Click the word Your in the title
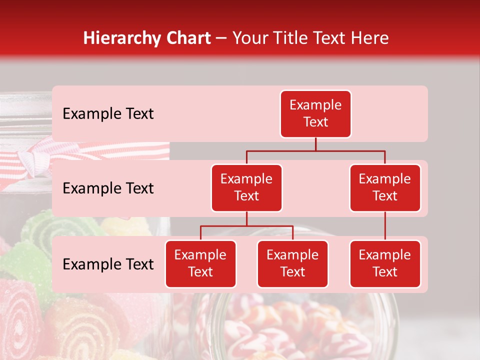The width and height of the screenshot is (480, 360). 249,38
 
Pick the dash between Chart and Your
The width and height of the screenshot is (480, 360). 221,38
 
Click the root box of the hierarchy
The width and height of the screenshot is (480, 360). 315,113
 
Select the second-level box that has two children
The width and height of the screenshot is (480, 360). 246,187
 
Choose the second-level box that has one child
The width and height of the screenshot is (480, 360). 385,187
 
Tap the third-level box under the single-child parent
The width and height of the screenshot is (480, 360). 385,263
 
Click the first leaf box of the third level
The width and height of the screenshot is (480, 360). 200,263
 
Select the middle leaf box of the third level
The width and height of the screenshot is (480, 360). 292,263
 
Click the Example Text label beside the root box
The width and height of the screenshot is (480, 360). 108,113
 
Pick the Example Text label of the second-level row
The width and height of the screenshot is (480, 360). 108,188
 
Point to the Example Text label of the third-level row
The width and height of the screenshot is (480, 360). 108,264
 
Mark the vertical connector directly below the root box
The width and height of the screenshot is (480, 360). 315,144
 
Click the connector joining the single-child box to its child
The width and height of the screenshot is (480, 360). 385,226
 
